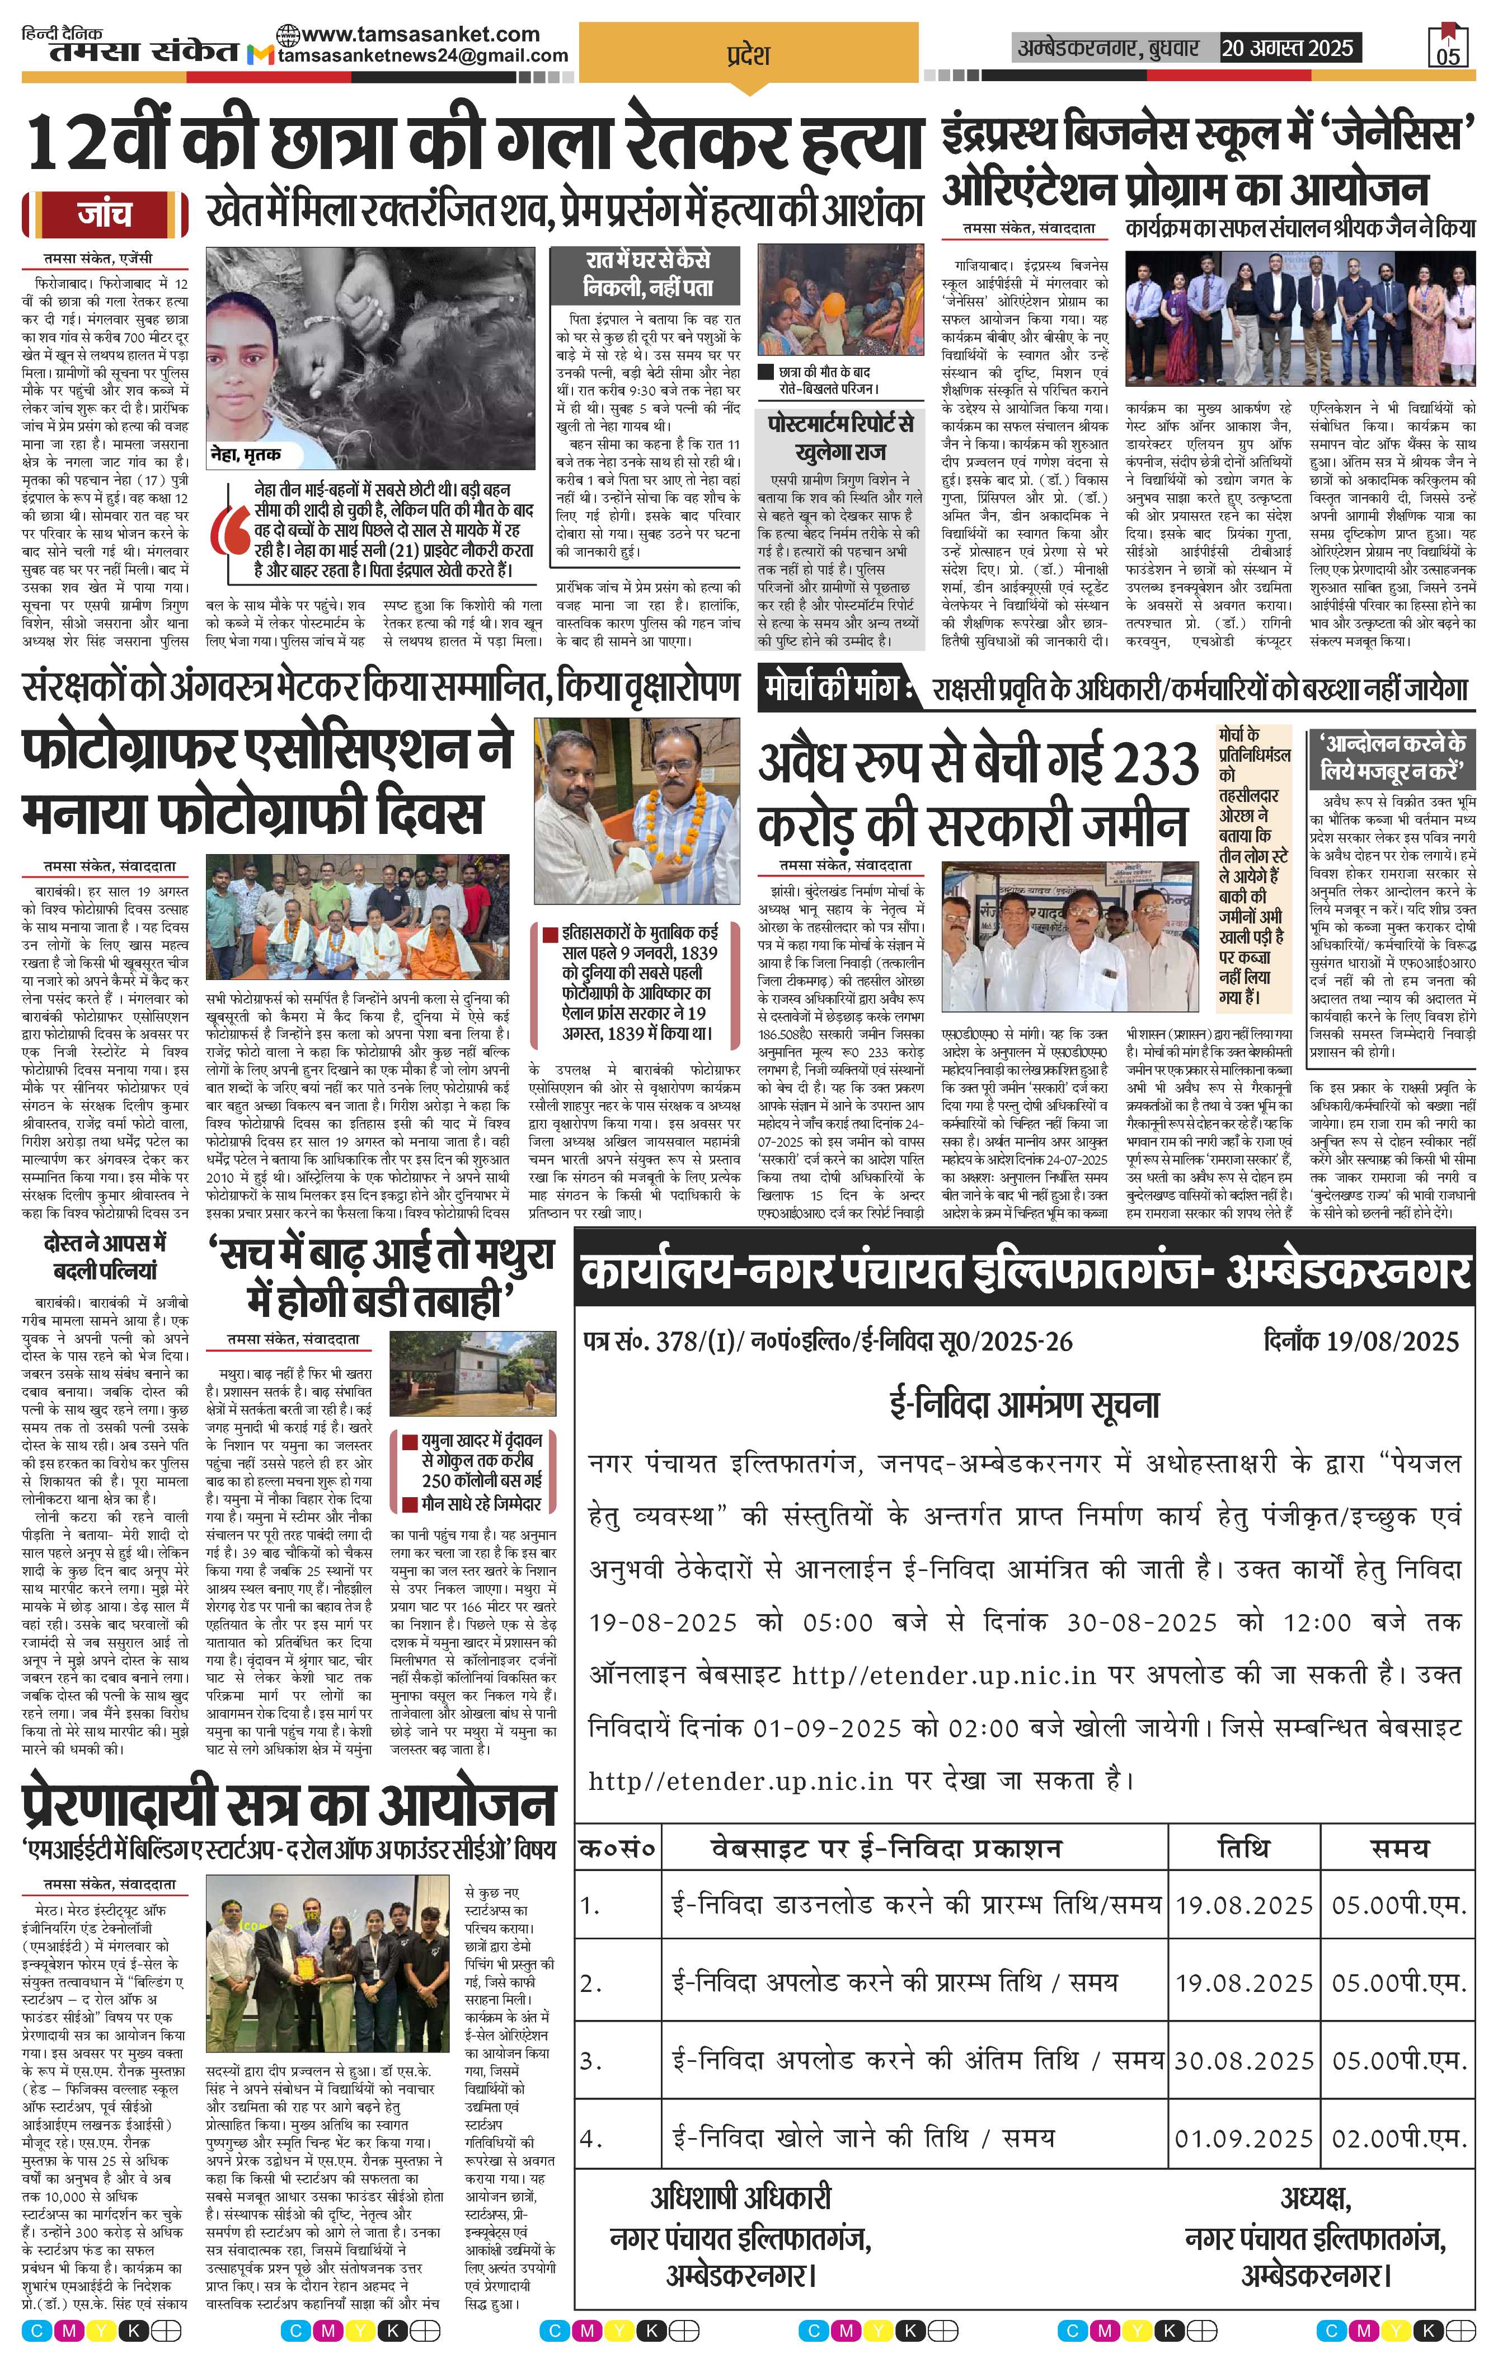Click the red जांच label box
pos(105,213)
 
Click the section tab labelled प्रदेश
pos(748,55)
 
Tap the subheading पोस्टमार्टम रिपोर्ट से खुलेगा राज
pos(840,437)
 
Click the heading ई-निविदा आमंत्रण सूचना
pos(1023,1405)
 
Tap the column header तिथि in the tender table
pos(1243,1849)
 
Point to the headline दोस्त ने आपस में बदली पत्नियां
pos(105,1257)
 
